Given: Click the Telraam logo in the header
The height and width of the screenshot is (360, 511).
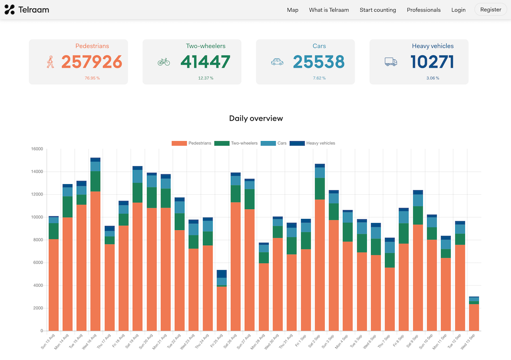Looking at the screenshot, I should tap(27, 10).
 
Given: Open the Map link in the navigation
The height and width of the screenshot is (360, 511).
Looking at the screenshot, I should tap(292, 10).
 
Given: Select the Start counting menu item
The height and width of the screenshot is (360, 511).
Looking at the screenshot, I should tap(378, 10).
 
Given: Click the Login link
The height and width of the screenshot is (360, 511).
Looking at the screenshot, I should tap(458, 10).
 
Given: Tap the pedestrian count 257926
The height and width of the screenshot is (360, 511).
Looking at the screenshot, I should tap(91, 62).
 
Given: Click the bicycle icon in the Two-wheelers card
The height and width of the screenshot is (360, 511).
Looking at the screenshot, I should tap(164, 62).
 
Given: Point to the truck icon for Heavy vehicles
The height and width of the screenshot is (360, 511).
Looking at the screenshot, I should tap(390, 62).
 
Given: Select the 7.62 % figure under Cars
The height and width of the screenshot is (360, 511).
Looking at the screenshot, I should tap(319, 78).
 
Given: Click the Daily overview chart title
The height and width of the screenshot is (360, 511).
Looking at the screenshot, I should tap(255, 118).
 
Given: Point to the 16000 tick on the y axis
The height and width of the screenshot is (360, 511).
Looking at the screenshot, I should tap(37, 149).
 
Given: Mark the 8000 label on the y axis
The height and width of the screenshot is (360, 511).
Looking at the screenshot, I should tap(38, 240).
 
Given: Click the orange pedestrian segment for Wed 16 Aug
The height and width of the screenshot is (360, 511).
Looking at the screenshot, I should tap(95, 261).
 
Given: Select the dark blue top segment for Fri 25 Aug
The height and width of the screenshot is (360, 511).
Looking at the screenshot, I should tap(221, 274).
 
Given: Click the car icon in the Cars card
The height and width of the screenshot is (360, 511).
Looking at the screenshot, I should tap(277, 62).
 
